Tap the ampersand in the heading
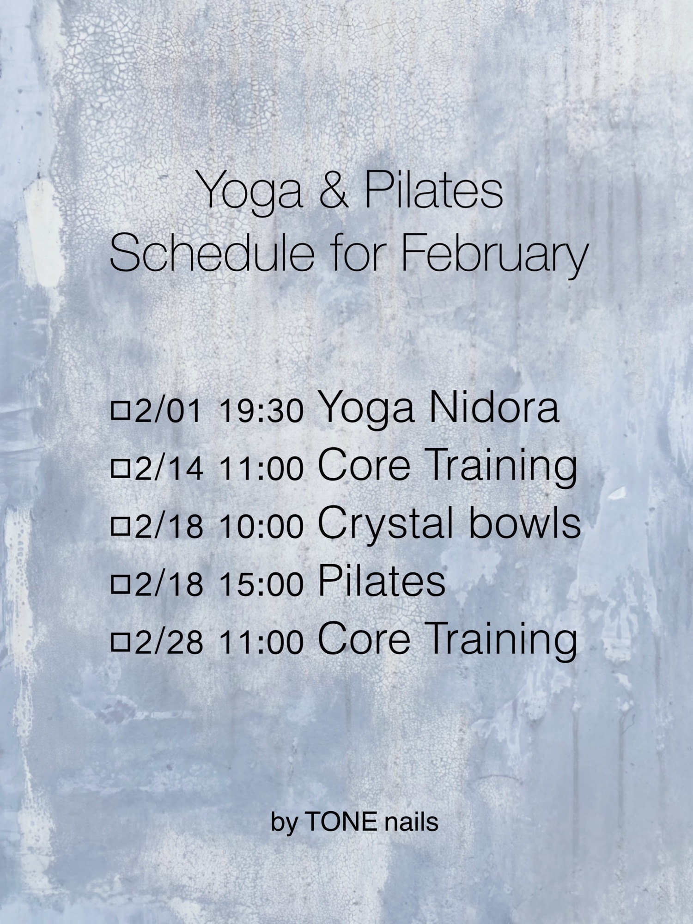tap(333, 189)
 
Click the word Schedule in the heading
tap(212, 253)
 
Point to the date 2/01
tap(168, 410)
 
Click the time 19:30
tap(261, 410)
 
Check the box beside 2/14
tap(121, 468)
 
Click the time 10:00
tap(261, 526)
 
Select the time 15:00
tap(261, 584)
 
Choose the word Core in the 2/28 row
tap(364, 639)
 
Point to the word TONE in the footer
tap(340, 822)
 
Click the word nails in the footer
tap(411, 822)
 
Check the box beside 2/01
tap(121, 410)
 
